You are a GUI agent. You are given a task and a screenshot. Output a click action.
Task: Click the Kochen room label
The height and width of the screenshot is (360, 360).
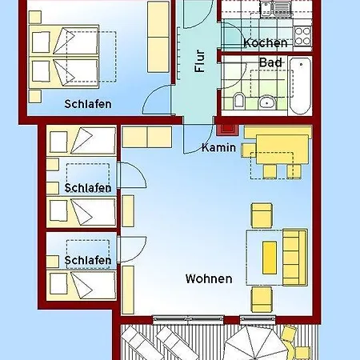(x=266, y=43)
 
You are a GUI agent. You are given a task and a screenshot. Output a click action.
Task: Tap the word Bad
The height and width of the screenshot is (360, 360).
(x=270, y=62)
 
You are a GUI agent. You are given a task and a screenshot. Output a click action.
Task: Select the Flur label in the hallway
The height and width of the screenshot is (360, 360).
(x=200, y=61)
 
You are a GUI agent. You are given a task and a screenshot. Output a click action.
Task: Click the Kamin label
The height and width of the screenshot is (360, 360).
(x=218, y=147)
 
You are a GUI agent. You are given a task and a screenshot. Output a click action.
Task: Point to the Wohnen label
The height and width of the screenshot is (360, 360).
(x=209, y=279)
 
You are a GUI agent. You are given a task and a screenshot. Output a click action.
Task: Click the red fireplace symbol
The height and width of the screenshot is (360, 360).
(x=227, y=130)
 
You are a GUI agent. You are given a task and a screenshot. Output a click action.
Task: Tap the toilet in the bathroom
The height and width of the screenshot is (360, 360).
(x=238, y=101)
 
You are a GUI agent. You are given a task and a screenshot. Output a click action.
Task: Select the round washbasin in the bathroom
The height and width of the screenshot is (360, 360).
(x=267, y=102)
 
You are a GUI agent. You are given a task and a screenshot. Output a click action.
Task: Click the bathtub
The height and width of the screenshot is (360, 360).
(x=300, y=86)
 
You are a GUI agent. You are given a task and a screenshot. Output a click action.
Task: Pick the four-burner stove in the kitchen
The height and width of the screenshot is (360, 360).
(x=302, y=36)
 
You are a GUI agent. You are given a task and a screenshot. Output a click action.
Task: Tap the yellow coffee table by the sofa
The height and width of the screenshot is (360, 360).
(x=270, y=258)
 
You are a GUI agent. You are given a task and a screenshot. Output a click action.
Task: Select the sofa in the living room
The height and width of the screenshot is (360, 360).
(x=295, y=257)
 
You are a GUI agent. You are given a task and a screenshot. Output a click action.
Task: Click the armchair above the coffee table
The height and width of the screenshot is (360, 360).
(x=262, y=215)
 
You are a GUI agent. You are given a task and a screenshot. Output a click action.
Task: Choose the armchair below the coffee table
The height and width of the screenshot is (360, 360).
(x=262, y=299)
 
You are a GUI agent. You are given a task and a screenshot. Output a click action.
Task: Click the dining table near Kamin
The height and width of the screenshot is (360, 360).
(x=282, y=150)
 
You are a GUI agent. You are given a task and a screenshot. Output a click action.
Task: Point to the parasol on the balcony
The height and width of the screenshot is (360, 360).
(x=254, y=342)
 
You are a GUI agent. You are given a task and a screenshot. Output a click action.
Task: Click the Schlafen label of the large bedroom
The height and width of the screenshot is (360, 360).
(x=88, y=104)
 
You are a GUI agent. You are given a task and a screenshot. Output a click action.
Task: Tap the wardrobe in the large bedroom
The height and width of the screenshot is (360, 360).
(x=158, y=37)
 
